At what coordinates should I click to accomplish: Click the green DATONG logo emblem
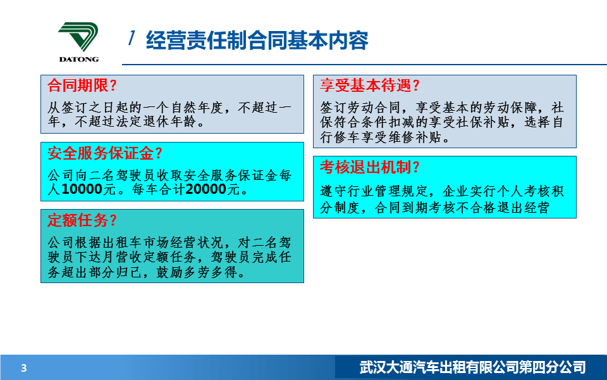(78, 37)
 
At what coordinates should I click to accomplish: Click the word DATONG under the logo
(79, 60)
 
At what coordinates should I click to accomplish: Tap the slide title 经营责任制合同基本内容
(257, 41)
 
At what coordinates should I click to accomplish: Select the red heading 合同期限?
(82, 85)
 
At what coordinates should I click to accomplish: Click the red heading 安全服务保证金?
(104, 153)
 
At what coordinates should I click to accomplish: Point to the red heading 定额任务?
(82, 220)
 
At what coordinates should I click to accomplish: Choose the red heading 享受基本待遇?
(370, 85)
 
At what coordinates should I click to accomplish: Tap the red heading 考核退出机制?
(370, 167)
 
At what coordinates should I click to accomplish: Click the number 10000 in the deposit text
(82, 189)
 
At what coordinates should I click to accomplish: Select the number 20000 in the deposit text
(206, 189)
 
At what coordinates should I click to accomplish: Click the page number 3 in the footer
(24, 368)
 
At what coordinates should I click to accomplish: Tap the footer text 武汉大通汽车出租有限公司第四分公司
(472, 367)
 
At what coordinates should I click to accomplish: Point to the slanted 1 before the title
(132, 38)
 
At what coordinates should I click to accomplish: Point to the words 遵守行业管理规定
(374, 191)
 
